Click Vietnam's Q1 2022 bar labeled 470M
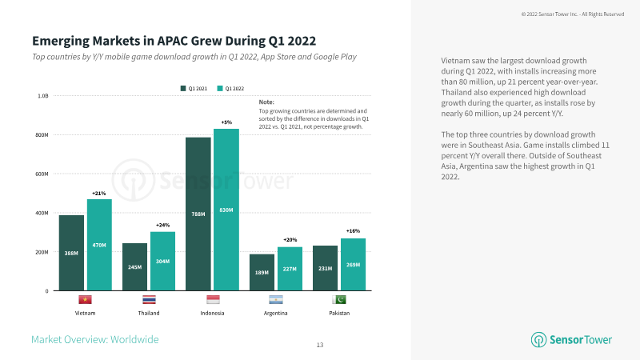click(99, 244)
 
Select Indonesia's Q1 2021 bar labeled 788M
click(198, 214)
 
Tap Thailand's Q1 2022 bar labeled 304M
click(162, 261)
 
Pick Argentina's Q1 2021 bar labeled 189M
click(261, 272)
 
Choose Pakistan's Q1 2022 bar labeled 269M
click(352, 264)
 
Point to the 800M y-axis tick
click(42, 134)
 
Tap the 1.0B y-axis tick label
click(43, 95)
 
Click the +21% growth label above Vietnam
click(99, 193)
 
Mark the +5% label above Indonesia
click(226, 122)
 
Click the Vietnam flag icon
click(85, 300)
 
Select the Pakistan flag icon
click(338, 300)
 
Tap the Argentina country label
click(275, 313)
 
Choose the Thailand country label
click(148, 313)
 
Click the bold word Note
click(266, 102)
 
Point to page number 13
click(320, 345)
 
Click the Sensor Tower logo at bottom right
click(572, 339)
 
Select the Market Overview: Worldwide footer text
click(94, 339)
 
